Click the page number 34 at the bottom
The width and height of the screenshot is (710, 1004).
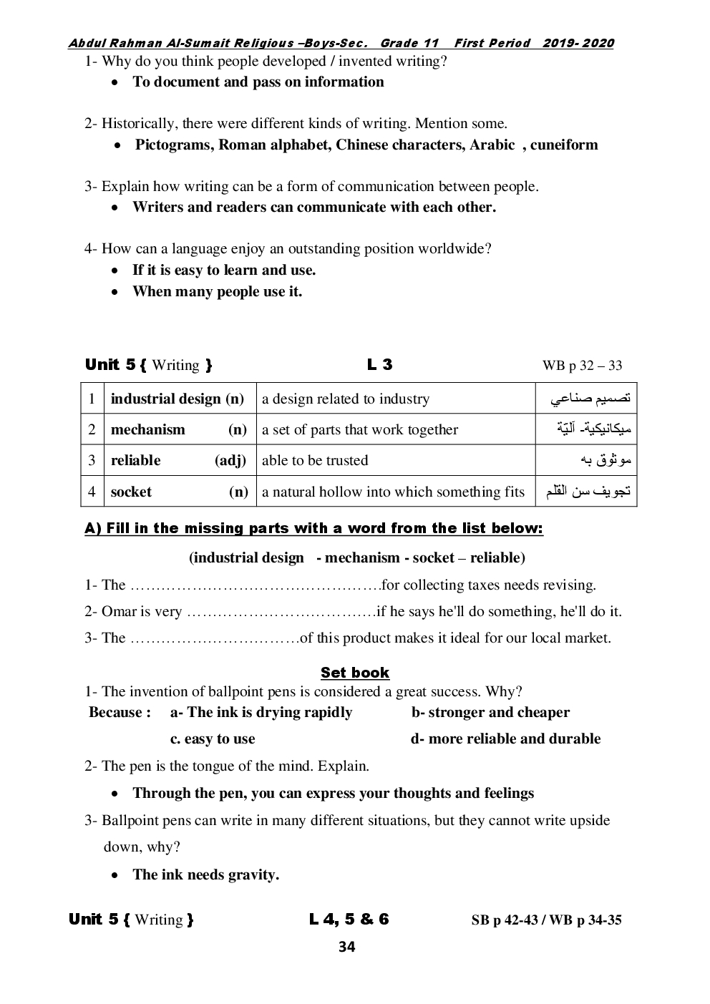(x=346, y=947)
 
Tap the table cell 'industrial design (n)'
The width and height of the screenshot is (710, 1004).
(x=177, y=399)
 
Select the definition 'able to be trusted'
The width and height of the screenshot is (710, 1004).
(x=315, y=460)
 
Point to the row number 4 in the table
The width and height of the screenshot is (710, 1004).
(x=92, y=492)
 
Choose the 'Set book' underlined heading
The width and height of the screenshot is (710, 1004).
(x=355, y=673)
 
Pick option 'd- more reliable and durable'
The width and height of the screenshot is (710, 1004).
(x=505, y=739)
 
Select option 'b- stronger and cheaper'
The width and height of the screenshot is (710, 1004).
(x=490, y=712)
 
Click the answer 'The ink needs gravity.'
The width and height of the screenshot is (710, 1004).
(x=205, y=874)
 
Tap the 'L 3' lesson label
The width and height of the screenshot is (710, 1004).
(x=379, y=365)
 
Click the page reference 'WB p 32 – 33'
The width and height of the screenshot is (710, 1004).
(x=582, y=366)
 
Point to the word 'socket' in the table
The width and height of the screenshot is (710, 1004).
(x=131, y=492)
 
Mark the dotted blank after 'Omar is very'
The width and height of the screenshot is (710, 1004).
(x=281, y=612)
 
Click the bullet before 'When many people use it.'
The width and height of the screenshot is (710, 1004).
(x=115, y=292)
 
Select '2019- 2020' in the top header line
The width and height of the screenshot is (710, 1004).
(x=578, y=43)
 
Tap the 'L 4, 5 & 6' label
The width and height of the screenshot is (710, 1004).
(x=349, y=920)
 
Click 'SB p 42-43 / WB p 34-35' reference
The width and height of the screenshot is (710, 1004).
(x=546, y=920)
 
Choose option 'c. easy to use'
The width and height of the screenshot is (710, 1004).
(x=213, y=739)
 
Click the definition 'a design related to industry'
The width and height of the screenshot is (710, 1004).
(x=346, y=399)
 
